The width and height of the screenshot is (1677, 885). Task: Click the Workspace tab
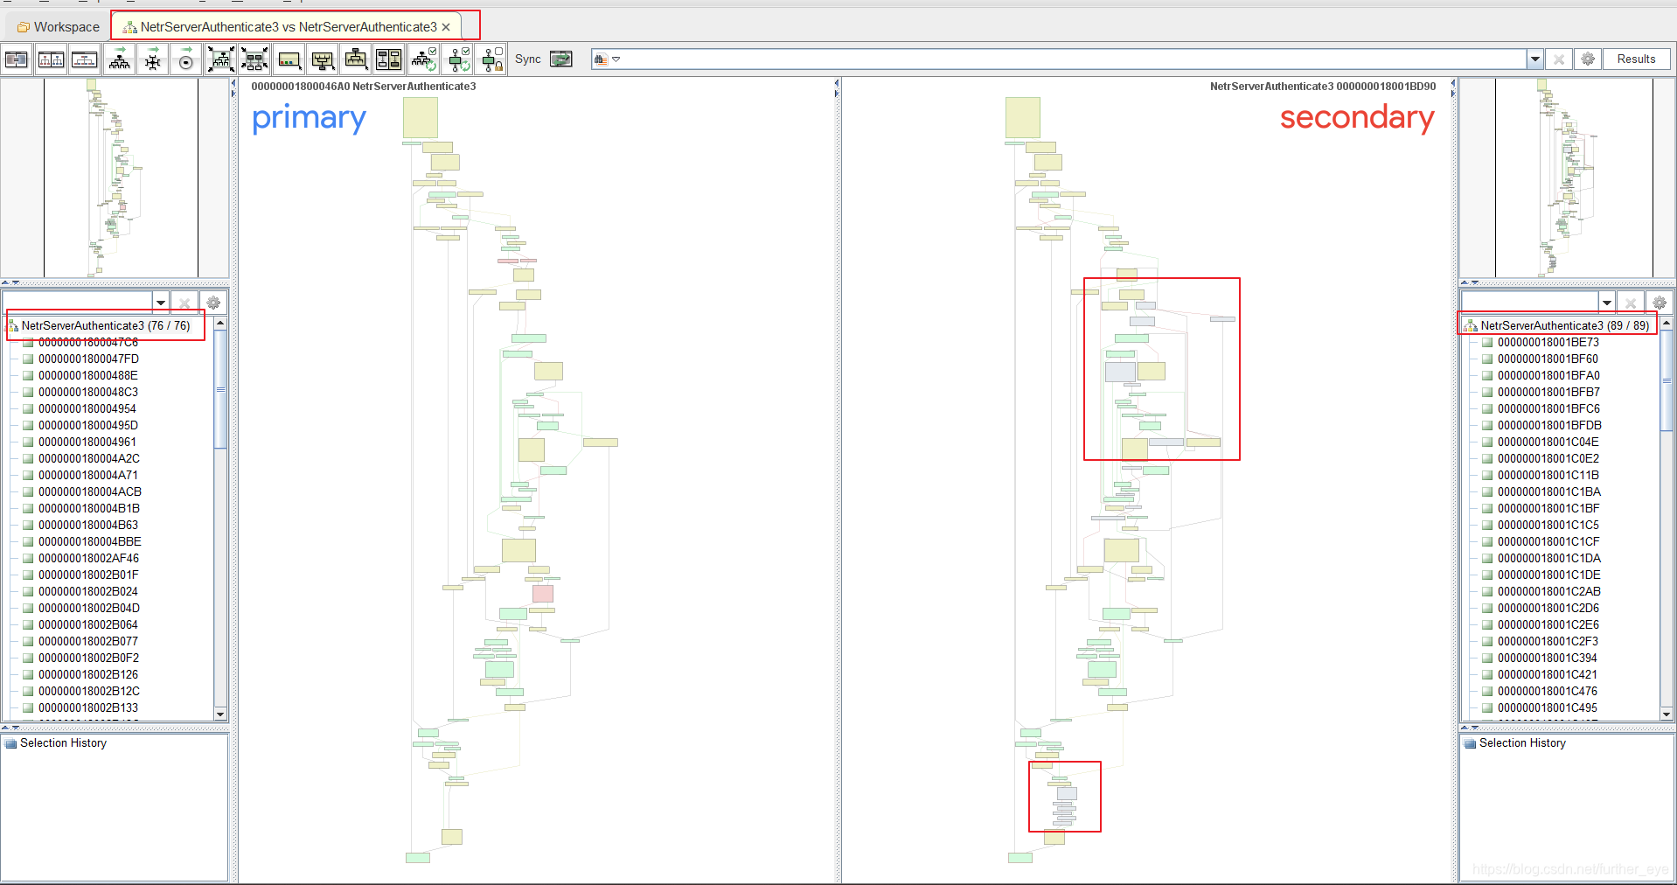59,27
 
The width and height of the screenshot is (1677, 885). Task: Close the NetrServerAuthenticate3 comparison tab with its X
446,27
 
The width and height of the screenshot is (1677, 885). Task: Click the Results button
1636,59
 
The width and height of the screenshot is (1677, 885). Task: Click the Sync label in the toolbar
527,59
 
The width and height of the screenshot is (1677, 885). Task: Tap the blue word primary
309,118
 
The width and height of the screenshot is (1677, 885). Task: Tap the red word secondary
1356,118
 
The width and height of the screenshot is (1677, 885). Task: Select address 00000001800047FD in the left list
88,359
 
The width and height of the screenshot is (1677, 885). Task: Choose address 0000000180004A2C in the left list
88,458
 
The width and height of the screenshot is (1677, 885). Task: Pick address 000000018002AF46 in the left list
88,558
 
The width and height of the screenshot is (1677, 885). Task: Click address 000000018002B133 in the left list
88,707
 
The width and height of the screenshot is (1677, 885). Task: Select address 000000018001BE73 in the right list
1548,342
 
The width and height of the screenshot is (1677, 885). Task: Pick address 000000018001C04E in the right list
1548,442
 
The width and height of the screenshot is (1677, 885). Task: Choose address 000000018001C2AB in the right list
1548,591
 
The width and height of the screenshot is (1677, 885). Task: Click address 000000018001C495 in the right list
1547,707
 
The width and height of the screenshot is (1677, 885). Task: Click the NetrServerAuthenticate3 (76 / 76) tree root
105,325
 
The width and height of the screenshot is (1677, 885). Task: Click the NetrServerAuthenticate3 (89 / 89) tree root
1564,325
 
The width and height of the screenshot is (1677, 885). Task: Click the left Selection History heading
63,743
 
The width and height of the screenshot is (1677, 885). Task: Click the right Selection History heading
1522,743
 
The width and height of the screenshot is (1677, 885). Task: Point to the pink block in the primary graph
543,593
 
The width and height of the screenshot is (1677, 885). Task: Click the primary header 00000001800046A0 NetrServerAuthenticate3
364,87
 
